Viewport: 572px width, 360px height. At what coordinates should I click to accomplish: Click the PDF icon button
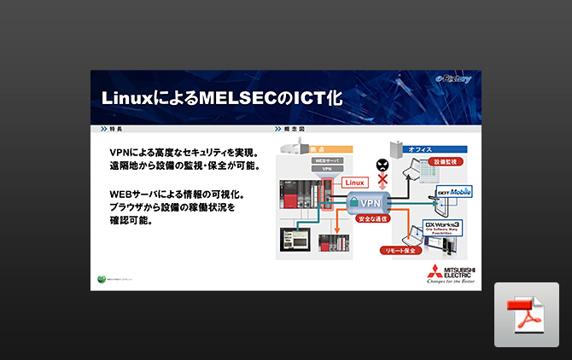pyautogui.click(x=526, y=315)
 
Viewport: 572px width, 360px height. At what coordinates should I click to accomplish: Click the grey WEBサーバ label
pyautogui.click(x=326, y=160)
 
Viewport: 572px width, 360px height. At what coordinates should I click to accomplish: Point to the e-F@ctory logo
pyautogui.click(x=453, y=80)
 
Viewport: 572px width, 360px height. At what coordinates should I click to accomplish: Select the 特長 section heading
pyautogui.click(x=115, y=129)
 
